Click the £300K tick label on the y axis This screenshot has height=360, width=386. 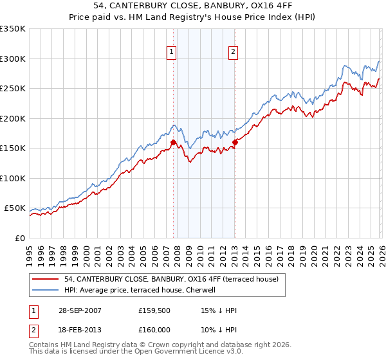13,59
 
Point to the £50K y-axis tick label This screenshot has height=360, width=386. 15,208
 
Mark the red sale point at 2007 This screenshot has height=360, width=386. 174,143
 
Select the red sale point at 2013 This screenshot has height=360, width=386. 235,143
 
